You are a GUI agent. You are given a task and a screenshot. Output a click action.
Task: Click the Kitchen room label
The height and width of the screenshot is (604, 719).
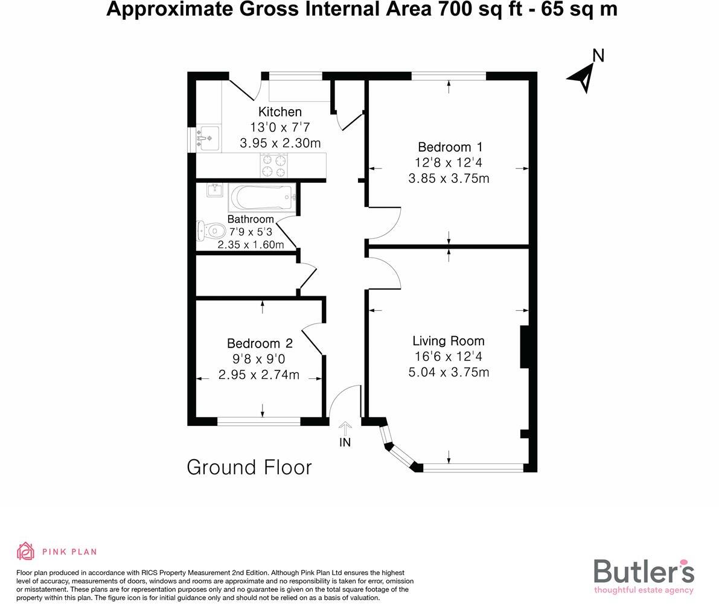tap(280, 112)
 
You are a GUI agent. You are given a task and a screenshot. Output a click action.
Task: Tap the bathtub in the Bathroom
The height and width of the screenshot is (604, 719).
tap(263, 197)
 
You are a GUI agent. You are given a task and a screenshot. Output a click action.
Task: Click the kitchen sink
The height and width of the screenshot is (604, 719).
tap(207, 138)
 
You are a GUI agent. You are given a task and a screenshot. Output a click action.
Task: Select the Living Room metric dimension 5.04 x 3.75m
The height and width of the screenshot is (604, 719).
tap(449, 372)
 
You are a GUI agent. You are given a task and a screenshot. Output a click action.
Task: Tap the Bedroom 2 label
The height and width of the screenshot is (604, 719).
tap(260, 343)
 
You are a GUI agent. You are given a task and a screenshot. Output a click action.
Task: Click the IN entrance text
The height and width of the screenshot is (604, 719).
tap(345, 443)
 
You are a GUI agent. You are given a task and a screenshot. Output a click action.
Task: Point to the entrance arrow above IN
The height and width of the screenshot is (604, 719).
tap(345, 428)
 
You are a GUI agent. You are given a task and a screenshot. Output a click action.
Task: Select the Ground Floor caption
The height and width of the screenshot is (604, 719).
tap(249, 468)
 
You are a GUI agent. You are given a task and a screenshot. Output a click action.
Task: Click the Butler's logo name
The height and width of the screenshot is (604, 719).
tap(644, 571)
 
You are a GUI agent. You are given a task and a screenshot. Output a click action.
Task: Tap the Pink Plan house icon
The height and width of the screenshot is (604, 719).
tap(25, 552)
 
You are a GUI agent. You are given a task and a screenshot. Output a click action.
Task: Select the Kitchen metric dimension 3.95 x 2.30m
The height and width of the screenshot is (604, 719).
tap(280, 143)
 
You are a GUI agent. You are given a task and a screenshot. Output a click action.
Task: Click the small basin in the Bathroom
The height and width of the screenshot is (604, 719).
tap(214, 190)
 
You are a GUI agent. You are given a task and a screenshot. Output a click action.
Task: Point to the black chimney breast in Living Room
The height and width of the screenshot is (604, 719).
tap(525, 347)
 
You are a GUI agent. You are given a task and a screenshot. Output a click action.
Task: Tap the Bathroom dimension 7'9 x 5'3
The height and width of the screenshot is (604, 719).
tap(251, 232)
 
